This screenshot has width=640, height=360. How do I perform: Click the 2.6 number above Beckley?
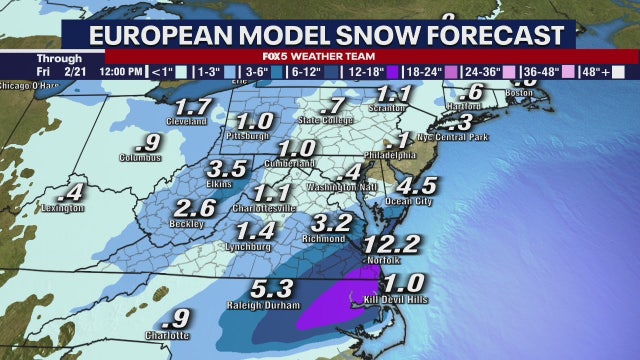194,209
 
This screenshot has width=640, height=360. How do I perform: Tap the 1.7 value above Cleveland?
192,106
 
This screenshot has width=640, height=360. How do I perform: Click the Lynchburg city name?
249,246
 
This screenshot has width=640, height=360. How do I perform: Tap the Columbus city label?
140,157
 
